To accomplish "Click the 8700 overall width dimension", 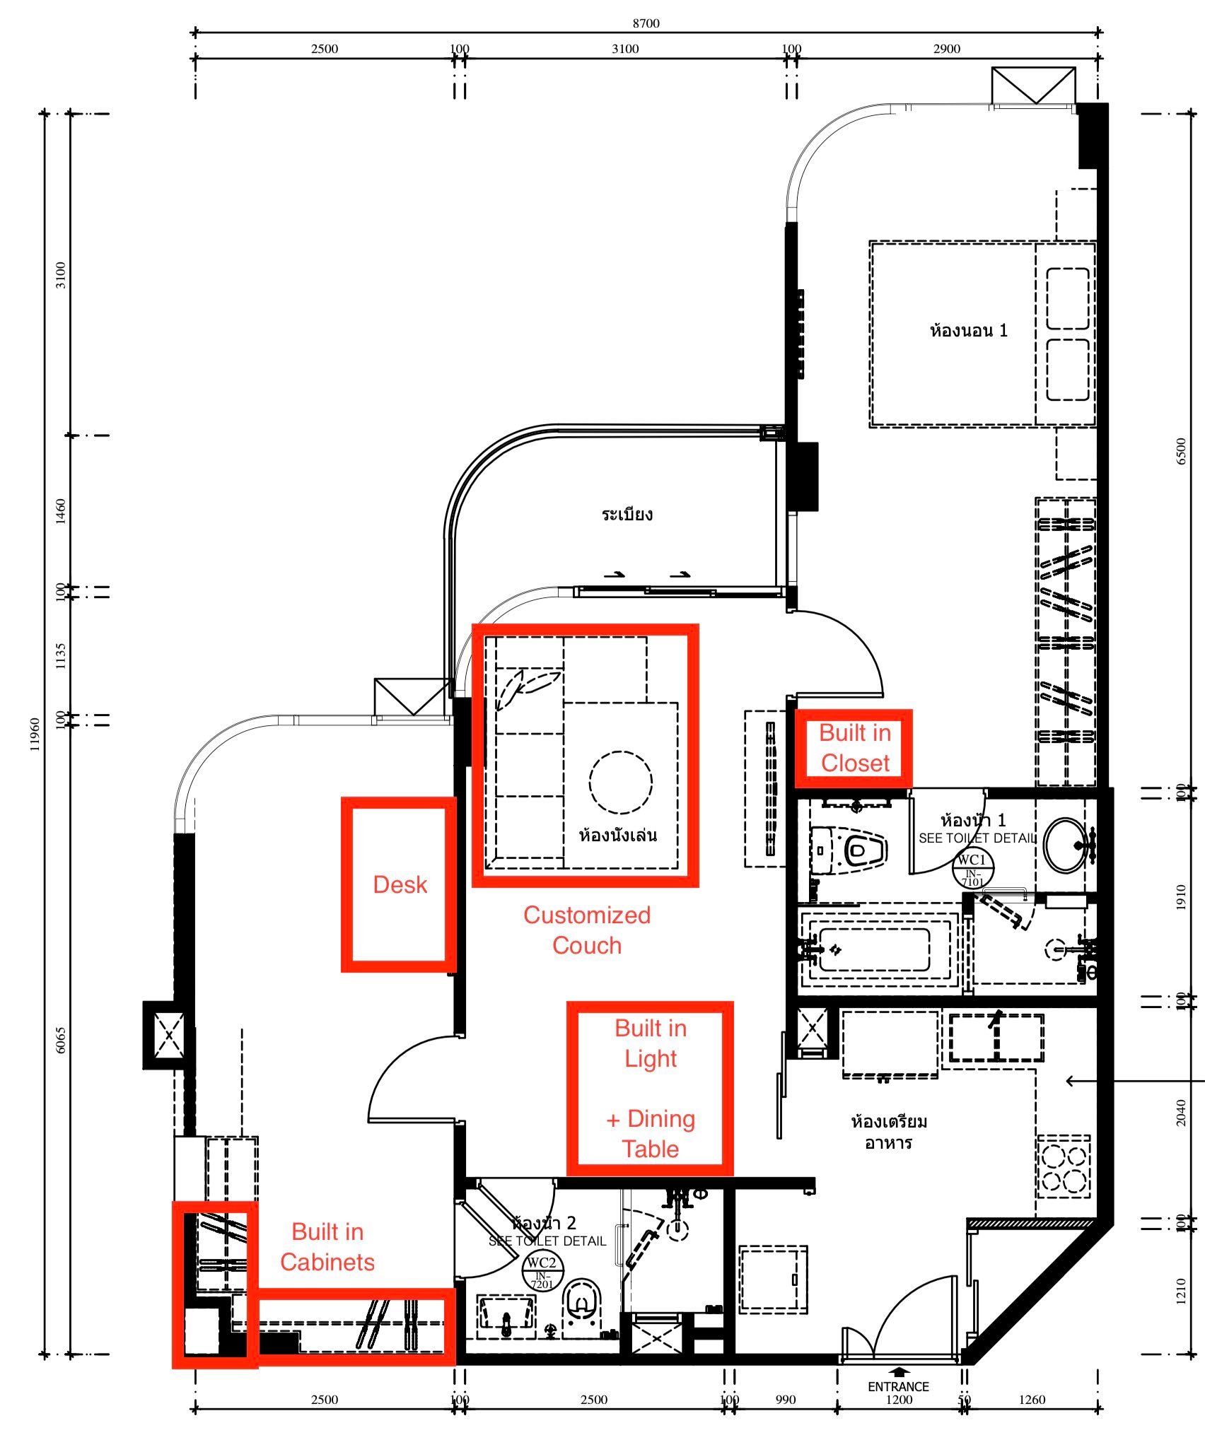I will click(646, 23).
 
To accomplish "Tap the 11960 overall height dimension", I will click(35, 734).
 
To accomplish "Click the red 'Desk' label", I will click(400, 884).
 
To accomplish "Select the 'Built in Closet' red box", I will click(854, 749).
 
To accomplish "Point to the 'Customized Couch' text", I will click(586, 930).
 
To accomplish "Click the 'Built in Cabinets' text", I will click(327, 1247).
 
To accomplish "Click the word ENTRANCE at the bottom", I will click(898, 1386).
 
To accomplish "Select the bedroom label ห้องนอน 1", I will click(968, 330).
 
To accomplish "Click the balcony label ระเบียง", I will click(627, 514).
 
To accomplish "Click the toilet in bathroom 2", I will click(583, 1303).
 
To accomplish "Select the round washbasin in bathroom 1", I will click(1067, 844).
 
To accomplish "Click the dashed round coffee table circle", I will click(620, 781).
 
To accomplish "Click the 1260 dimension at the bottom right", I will click(1032, 1399).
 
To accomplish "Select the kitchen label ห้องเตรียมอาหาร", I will click(888, 1132).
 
